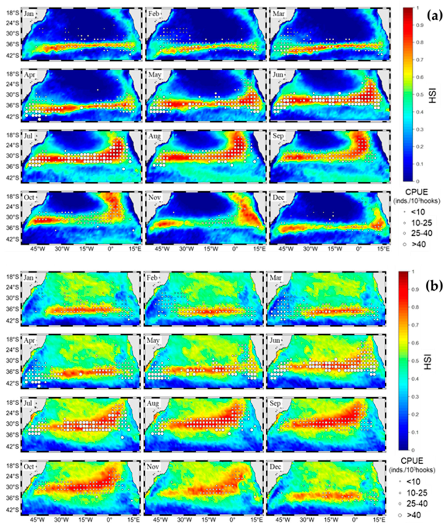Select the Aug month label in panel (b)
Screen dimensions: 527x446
153,403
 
